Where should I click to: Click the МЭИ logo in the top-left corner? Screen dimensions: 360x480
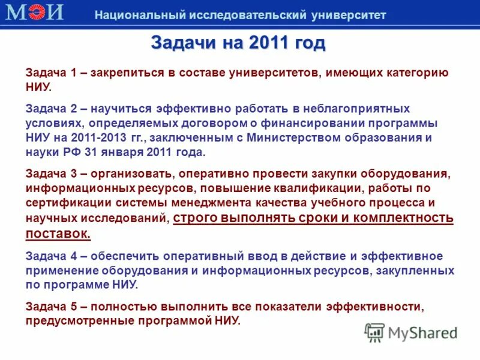click(34, 13)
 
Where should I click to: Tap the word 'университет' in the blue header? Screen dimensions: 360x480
click(349, 15)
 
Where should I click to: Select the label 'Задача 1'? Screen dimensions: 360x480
click(51, 73)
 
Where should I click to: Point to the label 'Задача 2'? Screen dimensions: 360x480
click(51, 109)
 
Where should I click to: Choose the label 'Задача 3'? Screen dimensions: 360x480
click(51, 173)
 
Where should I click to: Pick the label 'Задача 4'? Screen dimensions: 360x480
click(51, 256)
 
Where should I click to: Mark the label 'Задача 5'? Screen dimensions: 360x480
click(51, 307)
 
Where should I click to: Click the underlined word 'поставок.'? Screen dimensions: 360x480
click(58, 233)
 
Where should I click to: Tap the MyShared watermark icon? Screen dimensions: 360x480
click(374, 332)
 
